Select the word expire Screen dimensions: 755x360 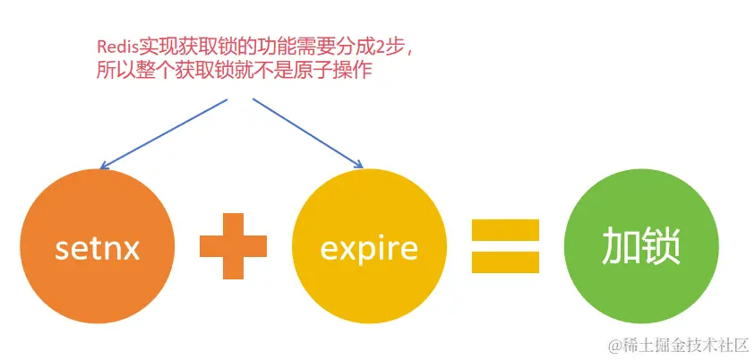click(x=369, y=248)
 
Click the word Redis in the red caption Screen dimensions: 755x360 click(x=114, y=47)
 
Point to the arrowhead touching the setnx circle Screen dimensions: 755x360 click(x=104, y=166)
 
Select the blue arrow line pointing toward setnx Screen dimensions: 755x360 click(x=166, y=132)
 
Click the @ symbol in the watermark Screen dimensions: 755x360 click(x=615, y=345)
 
